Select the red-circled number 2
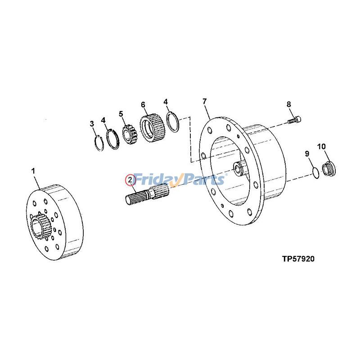pyautogui.click(x=130, y=180)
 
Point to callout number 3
pyautogui.click(x=92, y=123)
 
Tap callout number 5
pyautogui.click(x=121, y=114)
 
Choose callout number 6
pyautogui.click(x=143, y=105)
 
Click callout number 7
pyautogui.click(x=205, y=101)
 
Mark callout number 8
pyautogui.click(x=289, y=105)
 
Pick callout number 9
pyautogui.click(x=308, y=153)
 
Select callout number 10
pyautogui.click(x=322, y=146)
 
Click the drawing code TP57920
pyautogui.click(x=298, y=259)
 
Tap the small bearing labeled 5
pyautogui.click(x=130, y=134)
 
